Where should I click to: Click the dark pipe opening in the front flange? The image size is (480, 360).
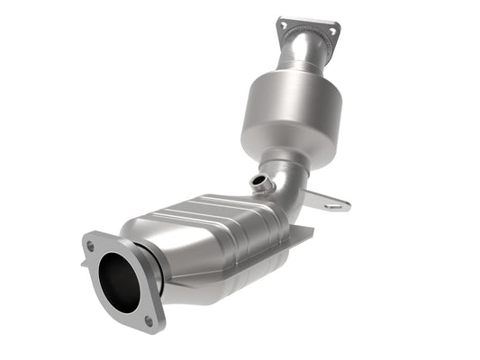121,282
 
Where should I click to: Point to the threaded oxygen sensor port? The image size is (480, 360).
262,185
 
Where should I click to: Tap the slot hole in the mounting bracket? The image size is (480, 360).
335,204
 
